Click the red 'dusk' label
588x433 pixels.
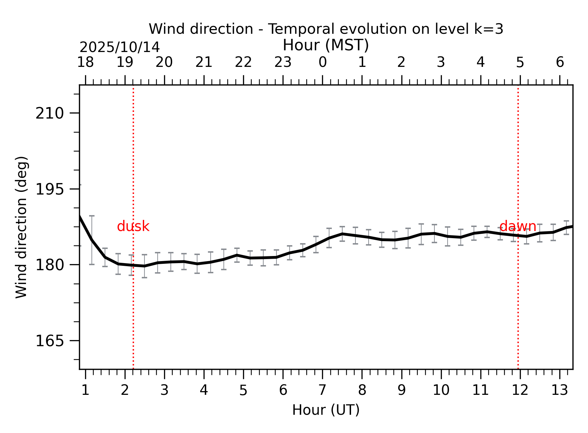coord(133,226)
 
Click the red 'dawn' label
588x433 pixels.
coord(517,226)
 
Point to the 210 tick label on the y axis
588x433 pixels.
coord(50,113)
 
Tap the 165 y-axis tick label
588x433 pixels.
coord(50,341)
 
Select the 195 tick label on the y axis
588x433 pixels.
coord(50,189)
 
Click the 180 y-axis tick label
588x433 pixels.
coord(50,265)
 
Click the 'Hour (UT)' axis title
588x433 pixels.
coord(326,410)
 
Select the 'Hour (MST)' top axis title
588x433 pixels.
coord(326,45)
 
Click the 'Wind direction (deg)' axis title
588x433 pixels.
coord(22,227)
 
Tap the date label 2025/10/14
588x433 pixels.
coord(119,47)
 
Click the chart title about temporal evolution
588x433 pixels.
coord(326,29)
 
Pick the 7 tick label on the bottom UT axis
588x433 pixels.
coord(322,390)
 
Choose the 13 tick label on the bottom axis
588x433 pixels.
coord(559,390)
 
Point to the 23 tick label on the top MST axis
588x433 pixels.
coord(283,62)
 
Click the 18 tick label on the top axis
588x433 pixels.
coord(85,62)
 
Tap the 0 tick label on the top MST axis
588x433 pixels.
coord(322,62)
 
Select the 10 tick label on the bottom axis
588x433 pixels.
coord(441,390)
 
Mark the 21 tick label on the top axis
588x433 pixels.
coord(204,62)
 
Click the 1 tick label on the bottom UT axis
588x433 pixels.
coord(85,390)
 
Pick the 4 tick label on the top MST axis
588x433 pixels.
coord(480,62)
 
